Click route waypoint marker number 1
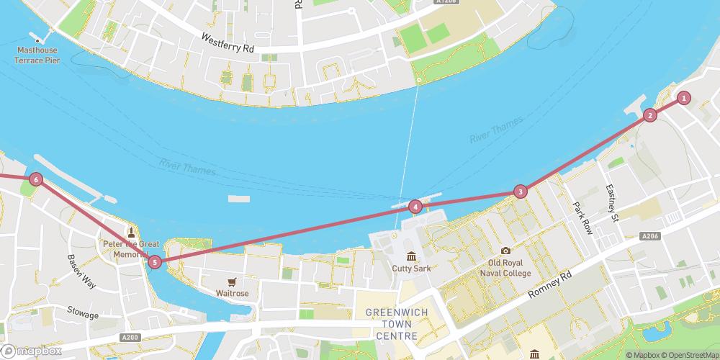pyautogui.click(x=684, y=98)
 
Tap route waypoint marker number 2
pyautogui.click(x=650, y=115)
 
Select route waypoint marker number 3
pyautogui.click(x=520, y=192)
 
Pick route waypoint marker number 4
pyautogui.click(x=415, y=207)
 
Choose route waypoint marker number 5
pyautogui.click(x=155, y=262)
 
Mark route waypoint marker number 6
pyautogui.click(x=36, y=179)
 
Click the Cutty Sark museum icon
pyautogui.click(x=411, y=256)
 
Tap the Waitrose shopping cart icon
pyautogui.click(x=232, y=282)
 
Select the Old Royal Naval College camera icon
pyautogui.click(x=505, y=251)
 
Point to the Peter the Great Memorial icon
pyautogui.click(x=131, y=232)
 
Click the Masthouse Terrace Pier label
pyautogui.click(x=37, y=55)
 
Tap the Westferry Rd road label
pyautogui.click(x=228, y=42)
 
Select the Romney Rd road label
pyautogui.click(x=549, y=285)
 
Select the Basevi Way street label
pyautogui.click(x=81, y=271)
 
